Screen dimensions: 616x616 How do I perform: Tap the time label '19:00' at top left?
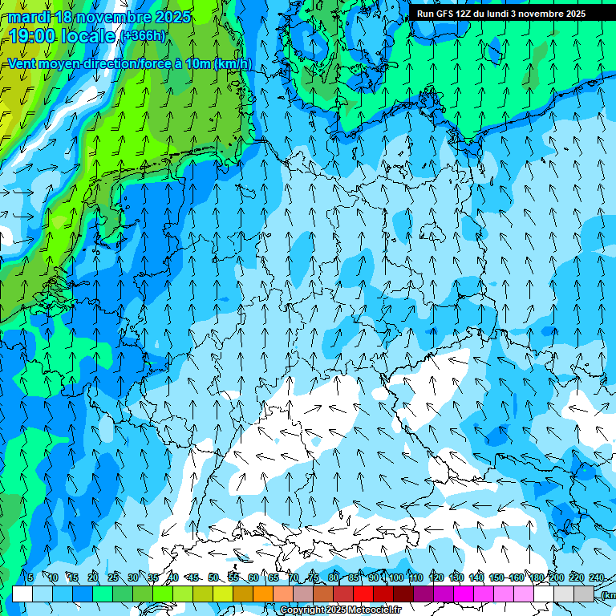click(31, 36)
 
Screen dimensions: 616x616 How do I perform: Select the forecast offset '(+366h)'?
click(144, 36)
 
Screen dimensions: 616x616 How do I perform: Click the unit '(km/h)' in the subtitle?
click(233, 63)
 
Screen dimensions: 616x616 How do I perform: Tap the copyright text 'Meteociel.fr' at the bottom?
click(370, 610)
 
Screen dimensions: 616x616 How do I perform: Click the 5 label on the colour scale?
click(30, 577)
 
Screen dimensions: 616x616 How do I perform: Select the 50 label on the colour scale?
click(213, 577)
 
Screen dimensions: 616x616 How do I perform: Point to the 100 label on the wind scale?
click(395, 577)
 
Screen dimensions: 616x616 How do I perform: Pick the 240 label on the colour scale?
click(596, 577)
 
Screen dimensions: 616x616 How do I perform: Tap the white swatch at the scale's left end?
click(22, 594)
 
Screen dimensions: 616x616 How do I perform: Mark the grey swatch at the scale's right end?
click(584, 594)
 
